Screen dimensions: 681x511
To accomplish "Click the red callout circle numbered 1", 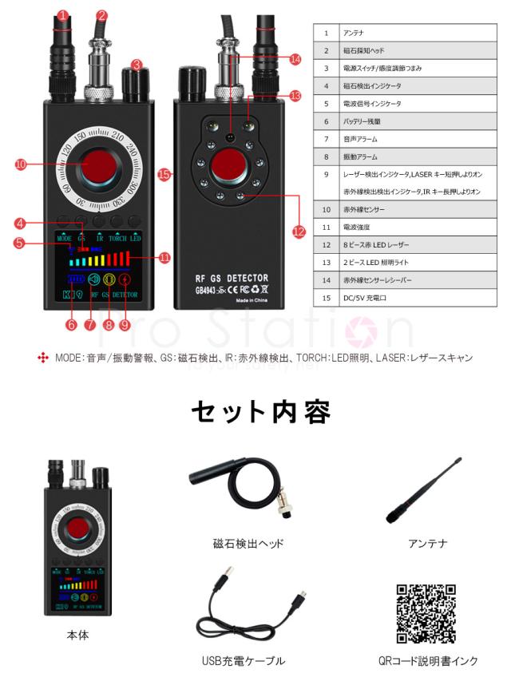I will pyautogui.click(x=63, y=16).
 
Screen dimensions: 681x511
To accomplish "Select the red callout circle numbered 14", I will pyautogui.click(x=295, y=59).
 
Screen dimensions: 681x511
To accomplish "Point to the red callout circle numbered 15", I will pyautogui.click(x=164, y=173).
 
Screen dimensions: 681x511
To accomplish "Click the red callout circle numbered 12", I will pyautogui.click(x=299, y=232).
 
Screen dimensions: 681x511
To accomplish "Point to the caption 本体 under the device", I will pyautogui.click(x=77, y=635).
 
